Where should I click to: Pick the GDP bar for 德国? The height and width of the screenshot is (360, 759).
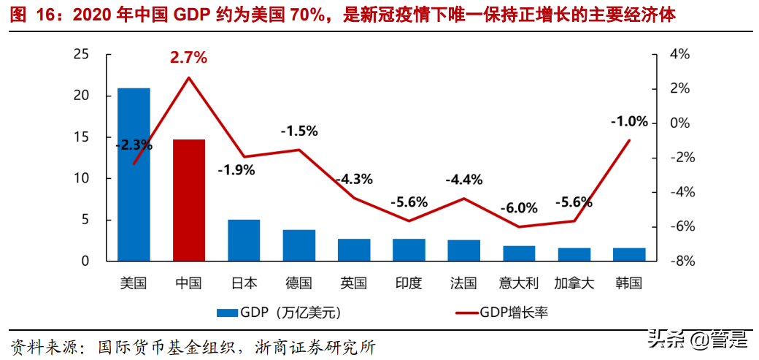[299, 245]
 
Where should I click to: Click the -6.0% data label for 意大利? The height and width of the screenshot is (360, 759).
[518, 208]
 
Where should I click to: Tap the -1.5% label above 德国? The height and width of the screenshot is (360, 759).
[299, 131]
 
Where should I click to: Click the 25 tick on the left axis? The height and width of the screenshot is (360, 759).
[81, 55]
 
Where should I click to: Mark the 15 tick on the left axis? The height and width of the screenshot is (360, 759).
[81, 137]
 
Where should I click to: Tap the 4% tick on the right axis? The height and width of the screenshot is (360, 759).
[679, 55]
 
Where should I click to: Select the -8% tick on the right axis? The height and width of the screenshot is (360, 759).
[679, 261]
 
